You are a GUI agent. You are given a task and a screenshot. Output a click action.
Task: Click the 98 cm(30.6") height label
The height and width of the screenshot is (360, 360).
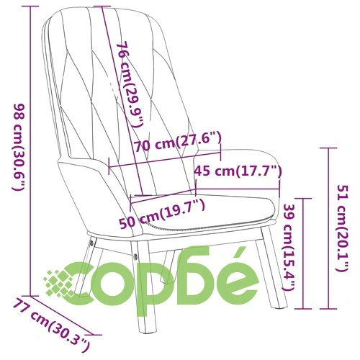19,148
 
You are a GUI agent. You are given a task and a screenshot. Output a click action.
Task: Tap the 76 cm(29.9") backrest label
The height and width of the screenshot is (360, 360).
130,84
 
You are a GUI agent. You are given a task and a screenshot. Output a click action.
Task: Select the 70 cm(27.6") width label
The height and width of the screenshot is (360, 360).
177,143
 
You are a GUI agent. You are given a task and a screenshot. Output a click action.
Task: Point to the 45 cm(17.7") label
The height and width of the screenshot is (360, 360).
238,171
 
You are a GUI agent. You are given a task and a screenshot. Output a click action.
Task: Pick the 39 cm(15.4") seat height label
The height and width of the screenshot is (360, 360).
289,247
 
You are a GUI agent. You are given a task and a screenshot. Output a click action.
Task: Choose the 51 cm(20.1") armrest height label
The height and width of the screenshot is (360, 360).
343,228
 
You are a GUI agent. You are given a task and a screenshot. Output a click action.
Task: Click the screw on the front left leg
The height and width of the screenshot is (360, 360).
136,256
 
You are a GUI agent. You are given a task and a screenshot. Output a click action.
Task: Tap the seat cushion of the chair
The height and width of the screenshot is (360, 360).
204,211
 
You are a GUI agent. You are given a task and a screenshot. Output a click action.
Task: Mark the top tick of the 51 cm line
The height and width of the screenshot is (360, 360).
328,148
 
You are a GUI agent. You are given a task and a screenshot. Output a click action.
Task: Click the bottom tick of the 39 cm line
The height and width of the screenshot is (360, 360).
303,309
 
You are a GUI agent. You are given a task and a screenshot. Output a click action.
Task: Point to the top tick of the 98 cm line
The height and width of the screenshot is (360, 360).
30,6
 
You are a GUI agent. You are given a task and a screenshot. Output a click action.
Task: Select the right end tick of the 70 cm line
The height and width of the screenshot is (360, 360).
220,153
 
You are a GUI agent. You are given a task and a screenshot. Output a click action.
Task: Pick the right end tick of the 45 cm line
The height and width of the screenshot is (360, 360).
279,189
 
